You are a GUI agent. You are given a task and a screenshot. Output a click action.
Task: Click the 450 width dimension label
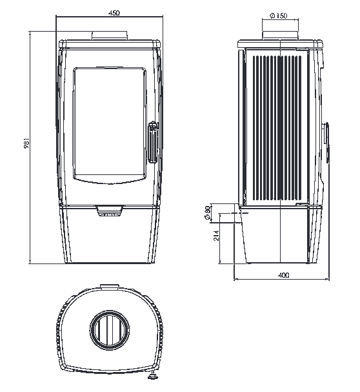114,12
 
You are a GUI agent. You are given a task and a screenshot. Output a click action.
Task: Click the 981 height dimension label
26,143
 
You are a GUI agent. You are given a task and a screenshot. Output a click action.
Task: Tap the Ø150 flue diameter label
279,15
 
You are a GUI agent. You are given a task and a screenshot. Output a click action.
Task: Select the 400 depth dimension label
284,275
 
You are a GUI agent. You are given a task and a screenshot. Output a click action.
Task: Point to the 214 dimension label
216,236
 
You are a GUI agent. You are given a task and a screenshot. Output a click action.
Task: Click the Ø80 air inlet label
207,213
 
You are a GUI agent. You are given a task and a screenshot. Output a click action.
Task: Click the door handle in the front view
153,142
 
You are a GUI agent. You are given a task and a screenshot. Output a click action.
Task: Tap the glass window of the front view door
110,125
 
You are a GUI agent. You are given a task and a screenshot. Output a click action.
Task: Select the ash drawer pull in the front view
110,211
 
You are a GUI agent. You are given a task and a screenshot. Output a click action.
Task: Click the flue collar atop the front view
110,36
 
